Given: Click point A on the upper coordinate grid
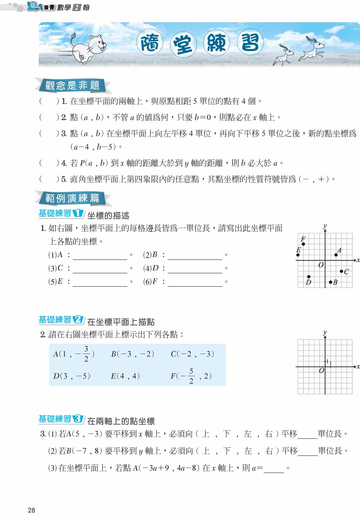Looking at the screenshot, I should (x=336, y=255).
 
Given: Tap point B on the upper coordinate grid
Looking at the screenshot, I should (x=331, y=282).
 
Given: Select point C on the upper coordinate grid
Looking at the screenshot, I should (x=341, y=271).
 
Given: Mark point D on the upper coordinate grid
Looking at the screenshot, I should (x=309, y=277).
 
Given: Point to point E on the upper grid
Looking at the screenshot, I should (x=298, y=255).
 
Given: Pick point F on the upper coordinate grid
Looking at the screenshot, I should (x=303, y=244).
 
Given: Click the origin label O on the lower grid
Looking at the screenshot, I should (x=321, y=371).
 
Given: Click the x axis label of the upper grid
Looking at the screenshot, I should (x=358, y=260).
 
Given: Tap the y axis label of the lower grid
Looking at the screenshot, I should (x=325, y=333).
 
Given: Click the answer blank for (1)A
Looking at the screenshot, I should (x=100, y=256).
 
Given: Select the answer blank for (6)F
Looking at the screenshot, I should (x=195, y=283).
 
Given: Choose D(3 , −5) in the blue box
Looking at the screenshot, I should (x=72, y=376).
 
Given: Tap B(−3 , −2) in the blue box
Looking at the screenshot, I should (x=132, y=354).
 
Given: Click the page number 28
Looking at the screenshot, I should (x=31, y=510).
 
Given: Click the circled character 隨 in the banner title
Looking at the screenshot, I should (x=150, y=43).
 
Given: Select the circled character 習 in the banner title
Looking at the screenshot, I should (x=250, y=43).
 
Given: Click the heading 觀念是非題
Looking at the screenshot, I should (x=72, y=85).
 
